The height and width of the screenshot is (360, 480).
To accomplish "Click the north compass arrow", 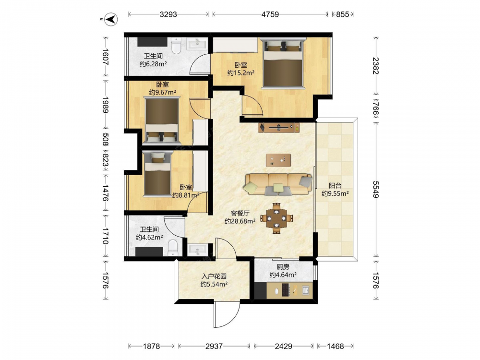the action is point(111,19).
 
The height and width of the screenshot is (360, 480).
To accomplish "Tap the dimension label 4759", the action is point(270,14).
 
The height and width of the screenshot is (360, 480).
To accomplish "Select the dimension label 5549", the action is point(376,190).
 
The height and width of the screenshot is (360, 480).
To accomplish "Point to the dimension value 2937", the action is point(214,346).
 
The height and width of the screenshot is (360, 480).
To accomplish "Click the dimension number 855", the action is point(343,14).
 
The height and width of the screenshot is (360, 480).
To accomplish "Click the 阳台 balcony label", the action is point(335,185).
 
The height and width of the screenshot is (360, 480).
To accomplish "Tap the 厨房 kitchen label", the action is point(283,267).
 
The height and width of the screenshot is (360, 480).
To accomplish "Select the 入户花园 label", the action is point(214,276).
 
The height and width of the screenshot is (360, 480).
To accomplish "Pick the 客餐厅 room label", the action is point(240,214).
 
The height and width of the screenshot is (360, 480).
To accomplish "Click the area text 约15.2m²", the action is point(241,73).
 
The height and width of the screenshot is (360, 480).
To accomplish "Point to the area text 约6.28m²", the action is point(153,64).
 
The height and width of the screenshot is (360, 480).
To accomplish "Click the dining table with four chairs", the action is point(277,218).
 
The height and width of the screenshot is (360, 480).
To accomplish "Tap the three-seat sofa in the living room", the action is point(278,184).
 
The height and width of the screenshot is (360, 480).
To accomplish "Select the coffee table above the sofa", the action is point(278,160).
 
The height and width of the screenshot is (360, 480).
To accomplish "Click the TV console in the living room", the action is point(279,127).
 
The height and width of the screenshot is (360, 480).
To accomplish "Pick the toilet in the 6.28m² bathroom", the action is point(176,46).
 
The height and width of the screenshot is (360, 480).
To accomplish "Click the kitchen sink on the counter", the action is point(305,289).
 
